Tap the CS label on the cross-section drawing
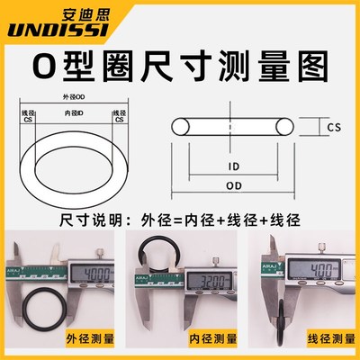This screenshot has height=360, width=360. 334,129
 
